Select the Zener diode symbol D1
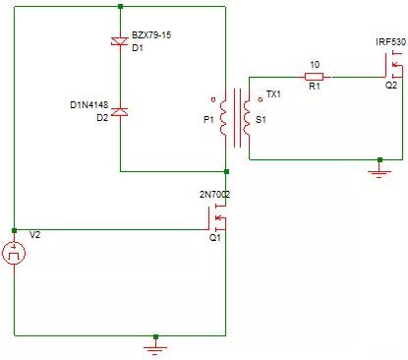(x=119, y=40)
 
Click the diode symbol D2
(x=119, y=112)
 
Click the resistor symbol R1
(x=315, y=76)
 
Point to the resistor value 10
(x=315, y=64)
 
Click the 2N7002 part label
(x=215, y=195)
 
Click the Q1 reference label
(x=215, y=238)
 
